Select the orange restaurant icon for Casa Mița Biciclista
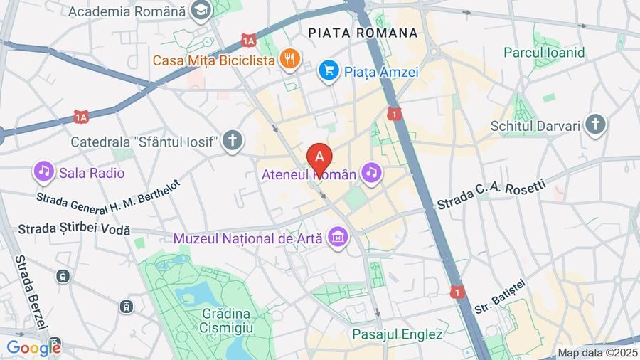pyautogui.click(x=288, y=59)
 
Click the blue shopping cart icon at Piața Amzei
pyautogui.click(x=328, y=70)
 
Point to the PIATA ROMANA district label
pyautogui.click(x=363, y=33)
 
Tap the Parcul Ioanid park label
pyautogui.click(x=544, y=52)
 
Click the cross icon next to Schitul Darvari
pyautogui.click(x=596, y=125)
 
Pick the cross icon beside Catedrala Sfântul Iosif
pyautogui.click(x=231, y=140)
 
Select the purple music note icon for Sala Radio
pyautogui.click(x=44, y=171)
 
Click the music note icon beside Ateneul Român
pyautogui.click(x=370, y=172)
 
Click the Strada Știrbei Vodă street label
pyautogui.click(x=75, y=229)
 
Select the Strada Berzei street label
pyautogui.click(x=31, y=292)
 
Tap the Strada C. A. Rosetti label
pyautogui.click(x=491, y=195)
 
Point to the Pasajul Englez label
pyautogui.click(x=397, y=333)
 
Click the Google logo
pyautogui.click(x=33, y=349)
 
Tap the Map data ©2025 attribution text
pyautogui.click(x=596, y=352)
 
